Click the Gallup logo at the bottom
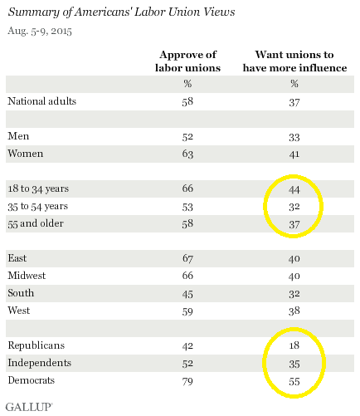coord(29,407)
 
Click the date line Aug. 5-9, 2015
coord(40,31)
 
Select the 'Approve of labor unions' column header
coord(187,61)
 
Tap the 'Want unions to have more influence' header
coord(294,61)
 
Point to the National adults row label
coord(42,101)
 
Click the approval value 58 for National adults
coord(187,102)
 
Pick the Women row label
coord(26,154)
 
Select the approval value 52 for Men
coord(187,137)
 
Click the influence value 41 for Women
coord(294,154)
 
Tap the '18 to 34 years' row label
coord(38,188)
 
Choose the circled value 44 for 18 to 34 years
coord(294,189)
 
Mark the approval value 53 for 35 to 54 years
coord(187,207)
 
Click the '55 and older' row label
coord(36,223)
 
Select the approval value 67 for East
coord(187,258)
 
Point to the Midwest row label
coord(27,276)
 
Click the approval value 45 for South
coord(187,294)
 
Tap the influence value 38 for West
coord(294,311)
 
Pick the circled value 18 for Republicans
coord(294,345)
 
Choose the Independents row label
coord(40,363)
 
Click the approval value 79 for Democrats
coord(187,381)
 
